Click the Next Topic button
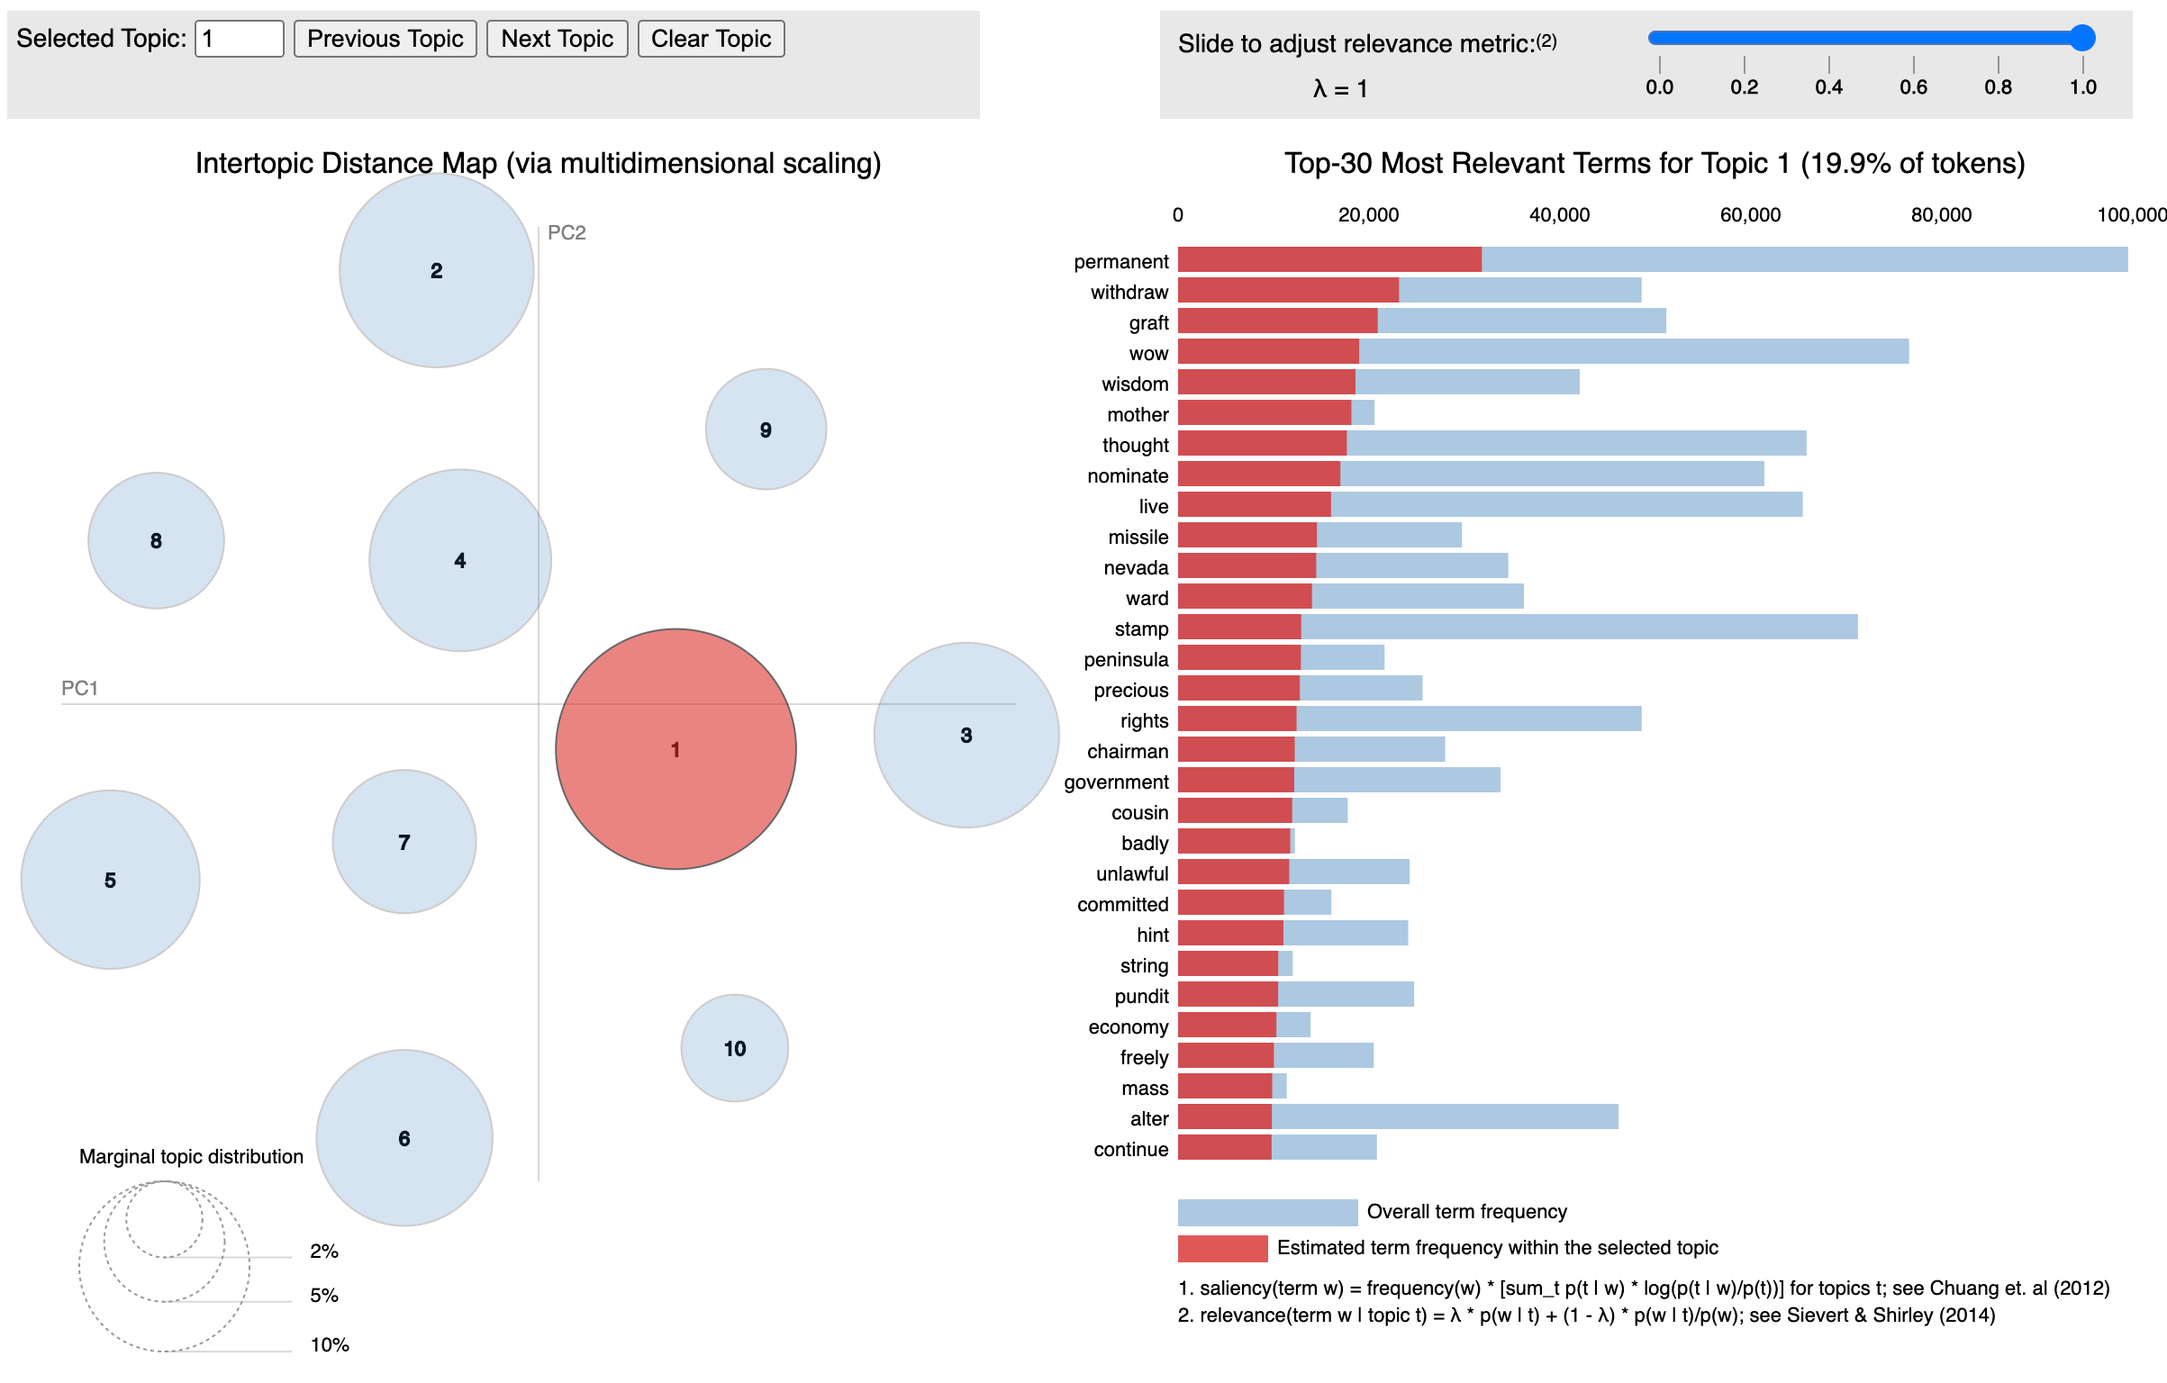point(557,39)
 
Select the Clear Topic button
point(711,39)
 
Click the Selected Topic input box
point(239,39)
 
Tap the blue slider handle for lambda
point(2082,38)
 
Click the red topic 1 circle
point(675,749)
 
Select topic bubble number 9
point(766,429)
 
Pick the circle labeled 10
point(734,1048)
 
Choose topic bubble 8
point(156,540)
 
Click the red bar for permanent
point(1329,259)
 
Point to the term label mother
point(1138,414)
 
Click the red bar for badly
point(1234,841)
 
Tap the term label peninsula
point(1126,659)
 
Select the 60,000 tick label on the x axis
point(1750,214)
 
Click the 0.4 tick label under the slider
point(1828,86)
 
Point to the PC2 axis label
point(567,232)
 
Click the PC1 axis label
point(79,688)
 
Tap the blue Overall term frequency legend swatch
point(1267,1212)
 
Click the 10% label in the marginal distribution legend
point(330,1344)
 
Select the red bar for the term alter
point(1225,1116)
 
